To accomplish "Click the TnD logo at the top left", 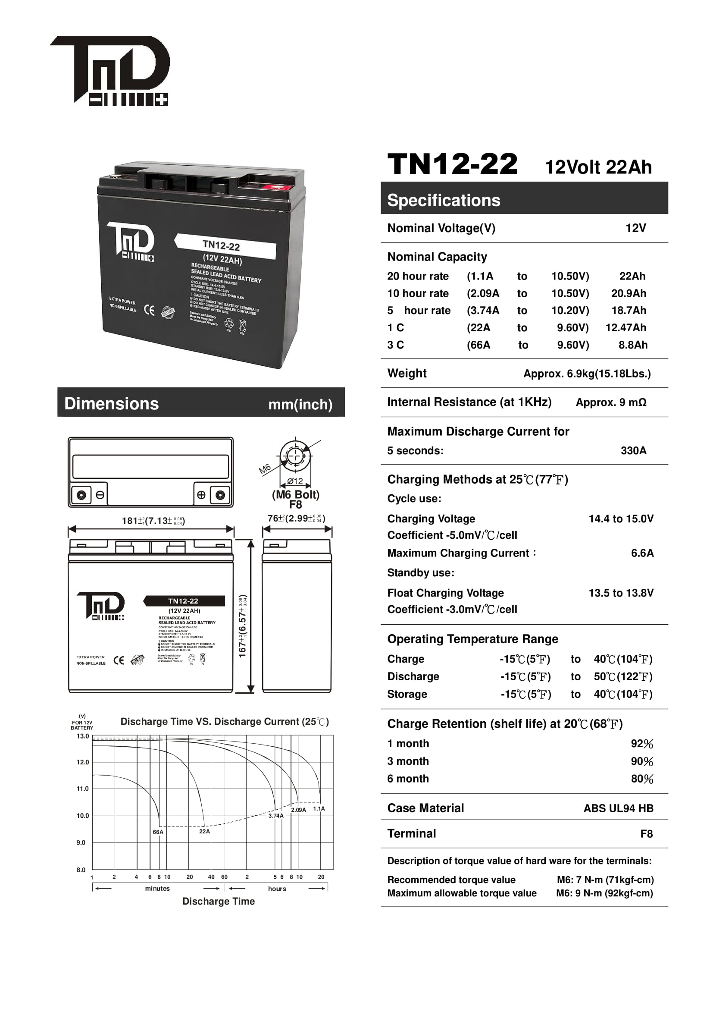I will (x=110, y=70).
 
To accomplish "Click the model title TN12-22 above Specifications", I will (x=452, y=164).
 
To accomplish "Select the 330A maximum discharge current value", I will (x=633, y=450).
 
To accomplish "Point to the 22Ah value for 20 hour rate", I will (x=632, y=276).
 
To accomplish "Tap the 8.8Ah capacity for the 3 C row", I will (x=633, y=345).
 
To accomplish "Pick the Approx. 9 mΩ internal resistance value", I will (x=611, y=402).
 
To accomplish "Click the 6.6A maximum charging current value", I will (x=642, y=553).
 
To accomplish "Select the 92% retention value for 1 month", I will (x=642, y=744).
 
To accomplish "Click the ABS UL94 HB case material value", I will (x=618, y=808).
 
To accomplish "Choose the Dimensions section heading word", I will (x=112, y=404).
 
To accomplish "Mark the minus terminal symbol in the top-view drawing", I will (x=100, y=495).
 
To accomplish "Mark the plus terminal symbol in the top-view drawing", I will (x=201, y=495).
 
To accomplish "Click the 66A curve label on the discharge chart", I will (x=158, y=832).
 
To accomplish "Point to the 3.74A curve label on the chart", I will (x=276, y=816).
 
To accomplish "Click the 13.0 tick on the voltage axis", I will (x=82, y=736).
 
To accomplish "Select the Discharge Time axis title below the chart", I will (x=218, y=901).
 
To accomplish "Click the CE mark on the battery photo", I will (x=149, y=310).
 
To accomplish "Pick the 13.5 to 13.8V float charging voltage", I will (x=621, y=593).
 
